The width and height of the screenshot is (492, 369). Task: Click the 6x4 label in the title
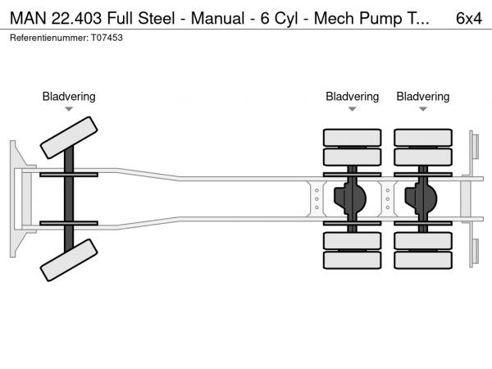468,19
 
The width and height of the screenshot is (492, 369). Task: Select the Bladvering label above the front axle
69,97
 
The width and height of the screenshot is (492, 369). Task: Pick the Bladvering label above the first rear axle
352,97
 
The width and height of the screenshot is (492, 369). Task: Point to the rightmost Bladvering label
423,97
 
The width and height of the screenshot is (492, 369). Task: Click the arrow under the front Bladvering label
69,109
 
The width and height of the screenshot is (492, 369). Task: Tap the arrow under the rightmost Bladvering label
423,109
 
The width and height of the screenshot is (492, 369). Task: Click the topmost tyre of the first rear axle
352,137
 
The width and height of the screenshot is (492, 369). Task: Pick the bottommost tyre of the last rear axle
423,261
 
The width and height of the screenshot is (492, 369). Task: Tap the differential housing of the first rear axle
353,198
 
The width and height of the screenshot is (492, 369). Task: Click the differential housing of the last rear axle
423,198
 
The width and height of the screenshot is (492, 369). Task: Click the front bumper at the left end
16,198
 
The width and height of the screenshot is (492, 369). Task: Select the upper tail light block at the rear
475,147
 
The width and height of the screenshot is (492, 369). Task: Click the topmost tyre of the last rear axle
423,137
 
